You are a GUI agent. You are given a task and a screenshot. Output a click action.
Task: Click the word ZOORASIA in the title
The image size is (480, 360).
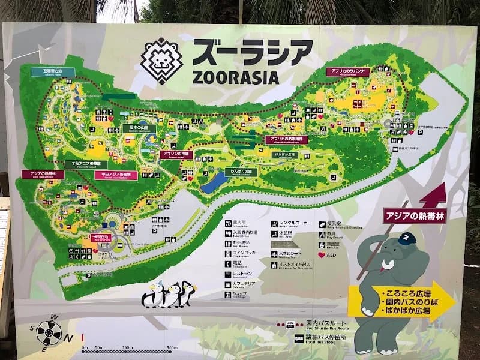point(236,77)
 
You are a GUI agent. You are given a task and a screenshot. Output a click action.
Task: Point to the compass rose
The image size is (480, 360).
point(49,332)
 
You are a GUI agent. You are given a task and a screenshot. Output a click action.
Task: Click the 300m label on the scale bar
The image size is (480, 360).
point(172,347)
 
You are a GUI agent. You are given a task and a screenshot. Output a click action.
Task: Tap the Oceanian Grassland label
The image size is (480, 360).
point(86,164)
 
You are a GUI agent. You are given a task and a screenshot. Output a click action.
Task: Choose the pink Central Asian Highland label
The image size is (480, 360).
point(116,175)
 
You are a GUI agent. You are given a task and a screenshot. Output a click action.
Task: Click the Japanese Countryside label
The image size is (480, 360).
point(139,128)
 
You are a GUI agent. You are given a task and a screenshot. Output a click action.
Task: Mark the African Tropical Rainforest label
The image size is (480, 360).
point(286,139)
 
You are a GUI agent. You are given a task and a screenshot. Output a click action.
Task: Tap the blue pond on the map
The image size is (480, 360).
point(214,183)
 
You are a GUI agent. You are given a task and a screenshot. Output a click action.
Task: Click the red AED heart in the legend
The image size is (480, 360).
point(322,254)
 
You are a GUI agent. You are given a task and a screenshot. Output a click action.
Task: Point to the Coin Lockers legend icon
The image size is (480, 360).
point(229,253)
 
